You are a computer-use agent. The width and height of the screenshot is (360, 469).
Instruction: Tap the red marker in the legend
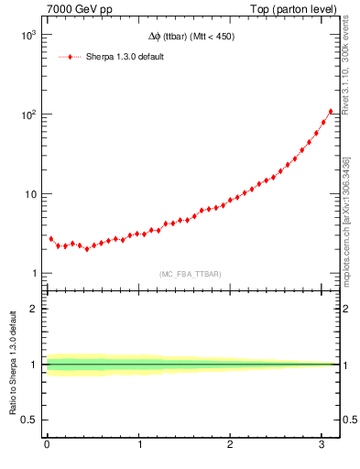(x=71, y=57)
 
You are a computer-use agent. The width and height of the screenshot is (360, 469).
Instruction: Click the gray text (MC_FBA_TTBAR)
(x=190, y=274)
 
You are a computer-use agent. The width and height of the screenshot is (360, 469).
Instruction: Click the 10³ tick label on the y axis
(x=29, y=35)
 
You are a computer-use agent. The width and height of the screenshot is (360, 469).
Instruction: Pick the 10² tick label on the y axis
(x=29, y=115)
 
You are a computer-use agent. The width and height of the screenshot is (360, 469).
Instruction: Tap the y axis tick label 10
(x=29, y=194)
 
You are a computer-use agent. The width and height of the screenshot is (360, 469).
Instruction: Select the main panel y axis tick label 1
(x=33, y=274)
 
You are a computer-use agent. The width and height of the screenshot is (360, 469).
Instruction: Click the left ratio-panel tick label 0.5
(x=29, y=420)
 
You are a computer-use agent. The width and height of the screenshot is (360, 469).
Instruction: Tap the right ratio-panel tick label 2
(x=348, y=309)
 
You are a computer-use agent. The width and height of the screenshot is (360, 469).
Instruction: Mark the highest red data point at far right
(x=331, y=112)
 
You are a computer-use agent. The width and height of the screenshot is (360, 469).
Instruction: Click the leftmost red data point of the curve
(x=50, y=238)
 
